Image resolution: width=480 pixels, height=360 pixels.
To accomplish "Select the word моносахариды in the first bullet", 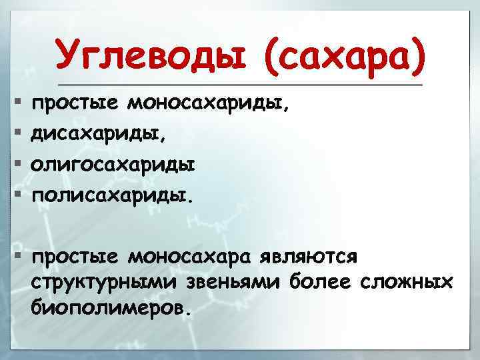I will [209, 104].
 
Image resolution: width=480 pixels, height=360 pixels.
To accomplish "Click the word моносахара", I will [194, 256].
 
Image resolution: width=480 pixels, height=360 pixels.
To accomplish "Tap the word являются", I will [313, 256].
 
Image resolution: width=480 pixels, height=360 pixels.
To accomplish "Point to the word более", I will [320, 282].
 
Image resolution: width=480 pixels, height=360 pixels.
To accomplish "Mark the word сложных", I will [407, 282].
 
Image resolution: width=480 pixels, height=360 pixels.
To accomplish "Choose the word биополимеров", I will [110, 308].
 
